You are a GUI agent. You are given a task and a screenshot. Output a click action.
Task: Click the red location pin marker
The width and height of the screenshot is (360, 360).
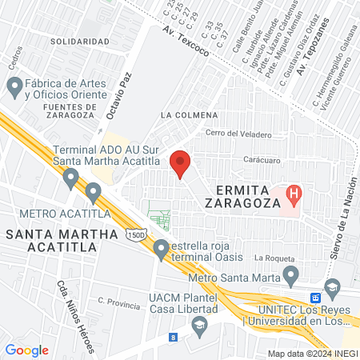181,164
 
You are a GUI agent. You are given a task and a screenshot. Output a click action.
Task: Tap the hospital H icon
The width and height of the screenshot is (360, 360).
294,193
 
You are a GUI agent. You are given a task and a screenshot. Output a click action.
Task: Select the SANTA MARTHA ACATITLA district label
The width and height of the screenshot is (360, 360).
51,239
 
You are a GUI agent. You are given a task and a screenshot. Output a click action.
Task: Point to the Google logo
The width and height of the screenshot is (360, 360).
27,350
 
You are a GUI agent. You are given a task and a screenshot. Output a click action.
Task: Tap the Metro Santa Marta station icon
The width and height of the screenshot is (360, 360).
291,276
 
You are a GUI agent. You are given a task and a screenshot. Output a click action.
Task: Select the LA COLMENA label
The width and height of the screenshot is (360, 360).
184,114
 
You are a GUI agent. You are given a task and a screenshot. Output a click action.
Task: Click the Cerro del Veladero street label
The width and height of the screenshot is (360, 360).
238,134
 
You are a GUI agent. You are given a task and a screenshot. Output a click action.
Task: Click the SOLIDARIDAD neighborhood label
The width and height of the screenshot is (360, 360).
79,41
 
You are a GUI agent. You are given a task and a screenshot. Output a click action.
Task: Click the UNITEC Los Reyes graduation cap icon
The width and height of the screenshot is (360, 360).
331,286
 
